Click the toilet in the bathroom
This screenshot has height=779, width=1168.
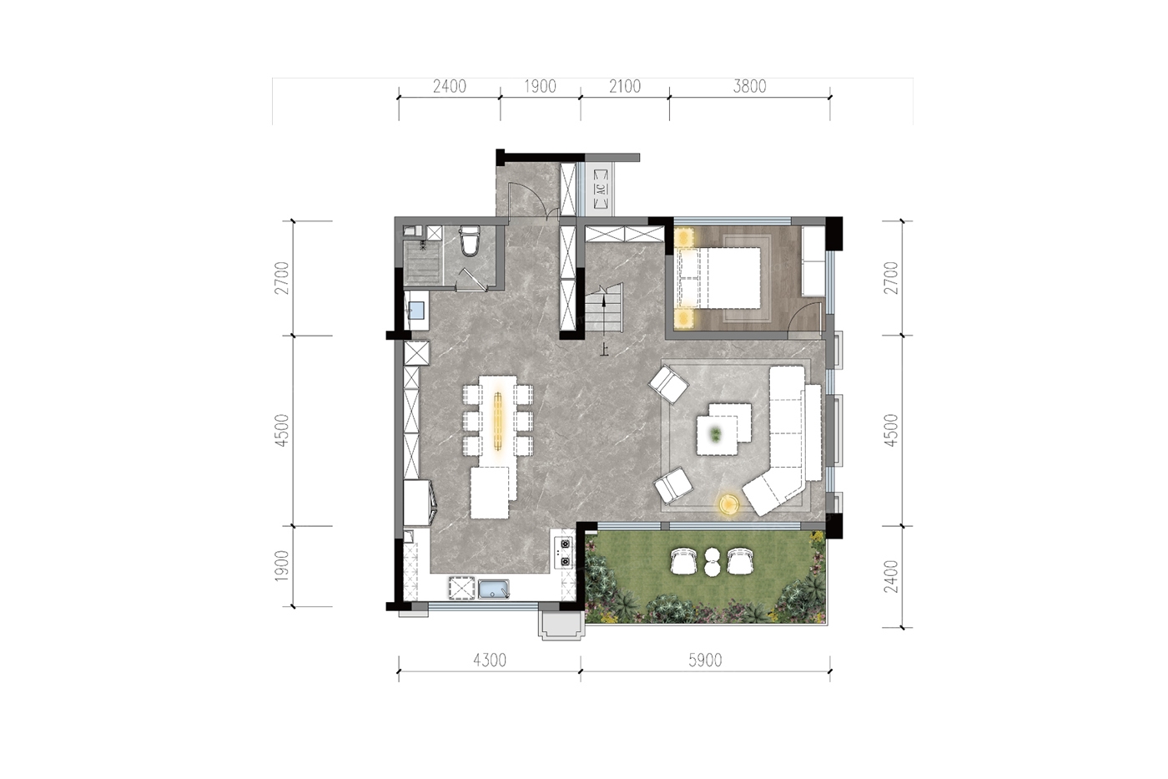(470, 240)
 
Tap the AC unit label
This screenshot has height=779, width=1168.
(602, 189)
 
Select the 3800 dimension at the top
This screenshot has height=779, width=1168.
(749, 87)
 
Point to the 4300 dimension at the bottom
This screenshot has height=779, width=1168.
(490, 660)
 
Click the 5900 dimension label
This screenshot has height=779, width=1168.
(705, 660)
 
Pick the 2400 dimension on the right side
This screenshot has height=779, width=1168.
(892, 577)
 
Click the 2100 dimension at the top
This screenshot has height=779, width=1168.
(625, 87)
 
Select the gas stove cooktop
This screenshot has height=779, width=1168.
(564, 552)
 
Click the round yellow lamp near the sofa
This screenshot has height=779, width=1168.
(728, 504)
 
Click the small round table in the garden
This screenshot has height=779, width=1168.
(712, 562)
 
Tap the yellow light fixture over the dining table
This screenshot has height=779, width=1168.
(498, 421)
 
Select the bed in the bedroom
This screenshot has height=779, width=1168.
(718, 277)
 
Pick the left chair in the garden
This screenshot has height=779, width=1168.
(683, 561)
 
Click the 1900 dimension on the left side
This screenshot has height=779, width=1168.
(282, 566)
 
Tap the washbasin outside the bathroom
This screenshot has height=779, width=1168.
(416, 310)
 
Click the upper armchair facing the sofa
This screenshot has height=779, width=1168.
(668, 385)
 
